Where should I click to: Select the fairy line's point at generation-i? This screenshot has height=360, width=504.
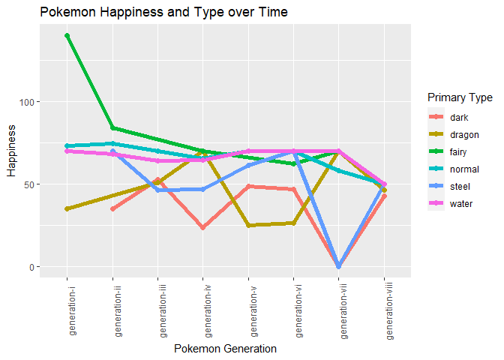point(67,36)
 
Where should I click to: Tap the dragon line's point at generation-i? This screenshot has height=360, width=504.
point(67,208)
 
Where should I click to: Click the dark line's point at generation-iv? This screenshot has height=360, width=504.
point(203,227)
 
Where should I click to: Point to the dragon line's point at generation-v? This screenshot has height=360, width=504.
point(248,225)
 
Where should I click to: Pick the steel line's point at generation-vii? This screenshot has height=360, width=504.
point(339,266)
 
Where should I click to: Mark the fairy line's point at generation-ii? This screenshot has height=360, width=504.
point(112,127)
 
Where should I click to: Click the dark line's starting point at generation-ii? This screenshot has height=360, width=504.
point(112,208)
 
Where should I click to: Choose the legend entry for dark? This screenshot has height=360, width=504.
point(457,118)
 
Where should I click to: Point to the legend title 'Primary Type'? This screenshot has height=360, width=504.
point(459,98)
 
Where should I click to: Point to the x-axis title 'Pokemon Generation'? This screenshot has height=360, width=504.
point(225,349)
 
